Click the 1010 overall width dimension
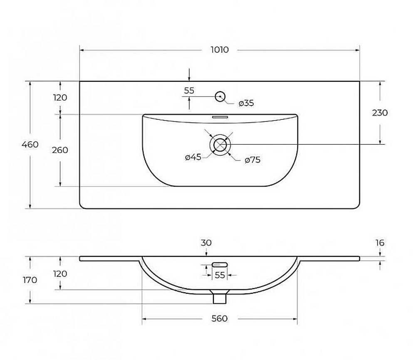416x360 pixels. [x=220, y=50]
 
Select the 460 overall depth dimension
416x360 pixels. [x=30, y=145]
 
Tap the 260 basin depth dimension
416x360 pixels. [x=60, y=150]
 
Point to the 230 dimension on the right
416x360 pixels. [x=380, y=113]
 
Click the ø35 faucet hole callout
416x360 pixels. [x=246, y=103]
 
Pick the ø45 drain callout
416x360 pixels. [x=193, y=157]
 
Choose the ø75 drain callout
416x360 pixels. [x=253, y=160]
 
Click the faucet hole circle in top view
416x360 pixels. [x=220, y=96]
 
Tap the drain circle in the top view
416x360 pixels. [x=220, y=145]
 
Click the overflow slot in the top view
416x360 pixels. [x=220, y=117]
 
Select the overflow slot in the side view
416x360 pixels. [x=220, y=264]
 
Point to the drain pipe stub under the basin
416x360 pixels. [x=220, y=298]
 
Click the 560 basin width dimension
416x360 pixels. [x=219, y=318]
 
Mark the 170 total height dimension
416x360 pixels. [x=30, y=280]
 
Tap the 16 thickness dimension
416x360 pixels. [x=380, y=242]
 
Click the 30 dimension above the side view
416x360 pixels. [x=206, y=242]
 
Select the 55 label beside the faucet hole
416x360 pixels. [x=189, y=91]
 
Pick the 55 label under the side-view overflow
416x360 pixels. [x=220, y=275]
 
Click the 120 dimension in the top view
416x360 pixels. [x=60, y=98]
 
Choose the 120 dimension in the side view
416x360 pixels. [x=60, y=274]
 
